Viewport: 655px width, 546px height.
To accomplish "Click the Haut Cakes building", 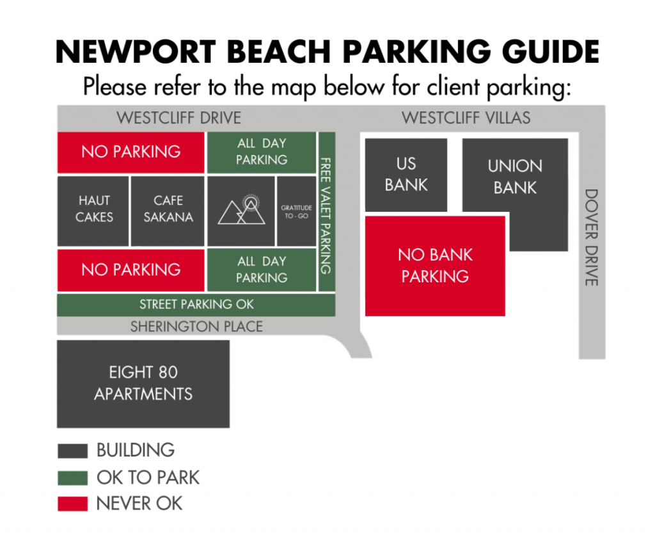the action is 93,211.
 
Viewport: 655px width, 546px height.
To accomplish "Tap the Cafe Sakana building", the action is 168,211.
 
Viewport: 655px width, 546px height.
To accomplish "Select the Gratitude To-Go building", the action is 297,211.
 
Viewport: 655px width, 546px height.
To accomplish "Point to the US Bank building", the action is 406,175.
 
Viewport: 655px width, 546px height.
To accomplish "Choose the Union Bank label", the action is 515,177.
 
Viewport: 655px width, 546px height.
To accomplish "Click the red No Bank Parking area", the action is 435,266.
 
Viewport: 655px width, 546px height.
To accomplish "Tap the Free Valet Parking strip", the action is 327,212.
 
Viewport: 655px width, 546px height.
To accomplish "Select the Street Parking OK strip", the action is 196,305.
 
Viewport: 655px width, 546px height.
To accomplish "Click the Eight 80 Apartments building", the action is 143,384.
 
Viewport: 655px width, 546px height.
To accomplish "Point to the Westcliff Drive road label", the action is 179,118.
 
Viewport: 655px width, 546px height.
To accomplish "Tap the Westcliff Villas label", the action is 466,118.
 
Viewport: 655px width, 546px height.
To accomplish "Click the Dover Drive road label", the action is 592,237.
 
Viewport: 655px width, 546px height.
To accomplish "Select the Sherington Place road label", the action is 196,326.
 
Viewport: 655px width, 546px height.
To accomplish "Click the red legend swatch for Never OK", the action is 73,504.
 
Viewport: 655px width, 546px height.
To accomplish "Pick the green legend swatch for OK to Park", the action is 73,478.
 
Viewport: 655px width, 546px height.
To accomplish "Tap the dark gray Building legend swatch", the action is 73,451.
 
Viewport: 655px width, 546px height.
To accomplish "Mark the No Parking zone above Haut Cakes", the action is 130,152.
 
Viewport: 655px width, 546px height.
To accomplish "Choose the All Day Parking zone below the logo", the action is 262,269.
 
